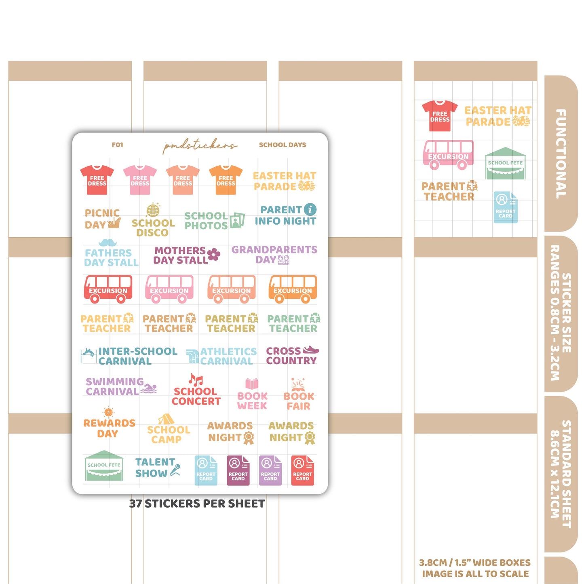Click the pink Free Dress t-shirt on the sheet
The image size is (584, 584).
click(140, 180)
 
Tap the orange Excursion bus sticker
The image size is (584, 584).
click(293, 289)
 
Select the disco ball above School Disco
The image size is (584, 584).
click(153, 210)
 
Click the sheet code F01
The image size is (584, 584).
click(117, 145)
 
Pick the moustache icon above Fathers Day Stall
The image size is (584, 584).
click(108, 242)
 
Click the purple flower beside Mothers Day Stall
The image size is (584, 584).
click(214, 255)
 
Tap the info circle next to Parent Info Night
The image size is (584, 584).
click(310, 209)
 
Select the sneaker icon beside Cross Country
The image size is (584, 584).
click(311, 350)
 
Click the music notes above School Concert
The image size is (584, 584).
click(196, 380)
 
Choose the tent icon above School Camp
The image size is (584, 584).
click(166, 419)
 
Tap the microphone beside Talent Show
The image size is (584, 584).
click(175, 470)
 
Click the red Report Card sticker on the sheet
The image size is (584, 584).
click(302, 470)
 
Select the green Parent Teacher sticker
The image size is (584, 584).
click(293, 323)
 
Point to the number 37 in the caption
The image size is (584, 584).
click(135, 504)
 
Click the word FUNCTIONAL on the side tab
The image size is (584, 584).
click(561, 154)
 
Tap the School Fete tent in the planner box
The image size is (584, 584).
click(505, 164)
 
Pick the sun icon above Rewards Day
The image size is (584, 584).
click(108, 412)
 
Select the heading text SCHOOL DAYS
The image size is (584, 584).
click(283, 145)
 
